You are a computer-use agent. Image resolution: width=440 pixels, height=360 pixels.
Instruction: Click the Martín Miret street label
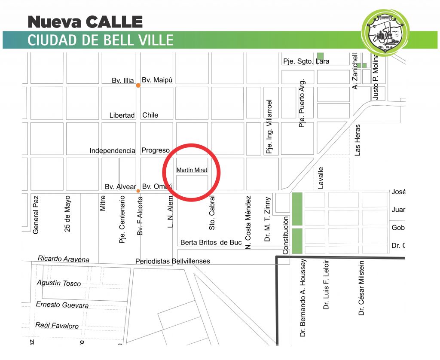coord(192,170)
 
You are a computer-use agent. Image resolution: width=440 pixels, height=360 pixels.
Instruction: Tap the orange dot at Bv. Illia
coord(138,85)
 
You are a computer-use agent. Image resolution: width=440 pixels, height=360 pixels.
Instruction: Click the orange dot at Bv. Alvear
coord(138,191)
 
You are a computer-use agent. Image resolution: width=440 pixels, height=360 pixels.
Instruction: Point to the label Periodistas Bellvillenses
coord(173,261)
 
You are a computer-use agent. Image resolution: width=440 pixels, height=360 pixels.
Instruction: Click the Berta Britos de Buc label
coord(211,242)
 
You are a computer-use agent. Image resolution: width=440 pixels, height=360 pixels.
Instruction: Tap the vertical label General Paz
coord(36,215)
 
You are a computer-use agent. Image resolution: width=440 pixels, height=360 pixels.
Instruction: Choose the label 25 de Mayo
coord(67,214)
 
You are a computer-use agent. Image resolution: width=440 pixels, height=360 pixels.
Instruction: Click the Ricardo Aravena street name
coord(64,259)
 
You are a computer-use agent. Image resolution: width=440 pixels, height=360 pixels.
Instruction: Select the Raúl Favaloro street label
coord(57,326)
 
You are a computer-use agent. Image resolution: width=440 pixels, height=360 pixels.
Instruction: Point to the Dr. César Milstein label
coord(361,288)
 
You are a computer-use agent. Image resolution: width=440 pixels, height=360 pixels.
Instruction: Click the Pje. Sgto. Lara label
coord(306,61)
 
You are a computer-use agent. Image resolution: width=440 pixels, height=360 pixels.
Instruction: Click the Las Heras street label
coord(357,140)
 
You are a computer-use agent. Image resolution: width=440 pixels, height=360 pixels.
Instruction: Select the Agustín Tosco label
coord(59,283)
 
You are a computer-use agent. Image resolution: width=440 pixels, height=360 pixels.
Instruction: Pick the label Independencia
coord(112,150)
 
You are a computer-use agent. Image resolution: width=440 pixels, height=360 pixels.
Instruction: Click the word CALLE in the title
coord(114,21)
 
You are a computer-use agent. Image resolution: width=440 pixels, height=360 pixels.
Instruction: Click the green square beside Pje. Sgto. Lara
coord(320,56)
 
